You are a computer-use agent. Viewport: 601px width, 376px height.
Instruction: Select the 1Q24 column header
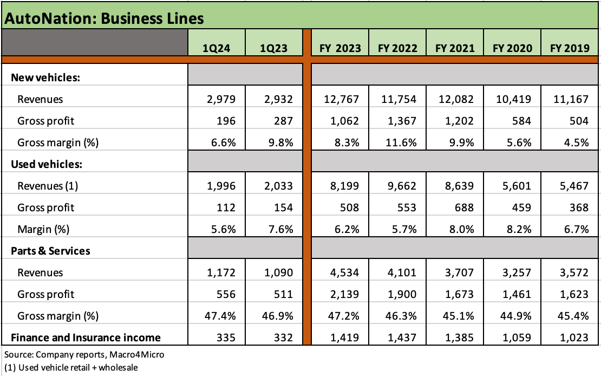pos(216,48)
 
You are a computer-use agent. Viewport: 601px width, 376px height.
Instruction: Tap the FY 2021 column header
pos(455,48)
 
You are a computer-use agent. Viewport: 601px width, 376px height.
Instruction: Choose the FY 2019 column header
pos(570,48)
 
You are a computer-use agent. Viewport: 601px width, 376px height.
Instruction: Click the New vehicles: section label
pos(45,77)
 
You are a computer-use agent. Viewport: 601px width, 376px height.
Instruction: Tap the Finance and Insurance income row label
pos(86,338)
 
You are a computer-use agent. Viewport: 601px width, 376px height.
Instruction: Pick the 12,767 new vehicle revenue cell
pos(344,99)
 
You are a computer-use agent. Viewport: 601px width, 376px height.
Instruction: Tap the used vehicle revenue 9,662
pos(402,186)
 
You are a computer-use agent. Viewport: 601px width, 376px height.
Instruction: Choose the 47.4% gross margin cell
pos(221,316)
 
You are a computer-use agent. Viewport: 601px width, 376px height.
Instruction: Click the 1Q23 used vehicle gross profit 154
pos(283,208)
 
